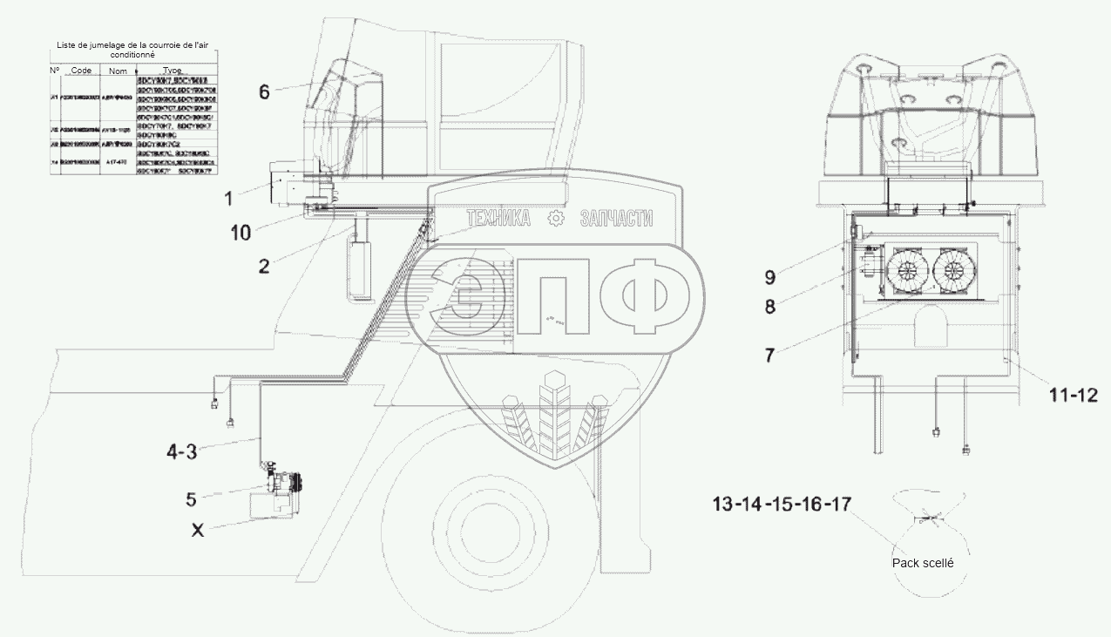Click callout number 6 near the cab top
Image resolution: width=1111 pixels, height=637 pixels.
pos(265,91)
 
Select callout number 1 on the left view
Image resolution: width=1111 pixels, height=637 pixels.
pos(228,200)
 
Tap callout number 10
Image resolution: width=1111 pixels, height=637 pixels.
pos(240,233)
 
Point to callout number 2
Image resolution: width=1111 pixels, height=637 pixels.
pos(264,266)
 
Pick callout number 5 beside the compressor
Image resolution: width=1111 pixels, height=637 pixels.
pos(190,499)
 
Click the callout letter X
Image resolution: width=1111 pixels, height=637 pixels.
pos(198,529)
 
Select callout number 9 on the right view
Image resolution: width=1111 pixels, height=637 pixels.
pos(769,278)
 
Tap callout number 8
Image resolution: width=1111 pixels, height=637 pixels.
pos(769,306)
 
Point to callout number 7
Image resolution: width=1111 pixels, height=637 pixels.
pos(769,355)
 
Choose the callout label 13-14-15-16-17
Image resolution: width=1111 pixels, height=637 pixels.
pos(781,504)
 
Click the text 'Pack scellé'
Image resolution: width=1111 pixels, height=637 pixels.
pos(923,563)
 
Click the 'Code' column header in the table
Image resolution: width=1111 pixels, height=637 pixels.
pos(81,71)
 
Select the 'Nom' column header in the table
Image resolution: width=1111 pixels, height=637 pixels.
pos(118,71)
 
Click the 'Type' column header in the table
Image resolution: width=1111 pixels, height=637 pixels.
pos(172,71)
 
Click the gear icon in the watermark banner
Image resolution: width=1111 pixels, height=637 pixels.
pos(555,220)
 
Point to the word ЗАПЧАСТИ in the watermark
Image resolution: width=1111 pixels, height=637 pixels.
pos(616,220)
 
